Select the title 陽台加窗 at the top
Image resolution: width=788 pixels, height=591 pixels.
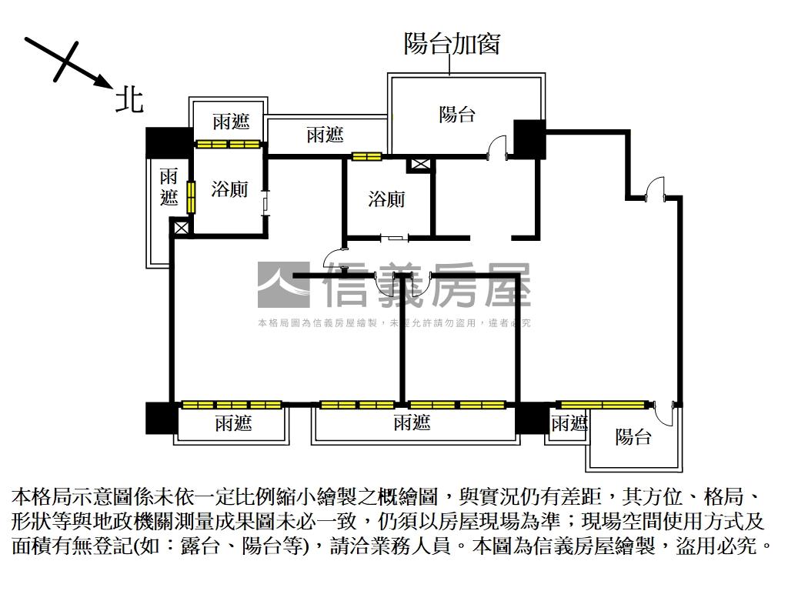tap(452, 43)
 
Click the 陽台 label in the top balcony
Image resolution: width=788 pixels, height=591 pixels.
tap(457, 115)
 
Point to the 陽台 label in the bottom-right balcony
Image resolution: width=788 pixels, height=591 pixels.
tap(633, 436)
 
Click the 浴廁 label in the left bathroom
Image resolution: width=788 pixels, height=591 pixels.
tap(229, 188)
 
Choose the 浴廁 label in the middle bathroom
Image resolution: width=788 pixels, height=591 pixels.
tap(386, 199)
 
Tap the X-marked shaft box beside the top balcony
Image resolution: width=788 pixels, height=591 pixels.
tap(421, 163)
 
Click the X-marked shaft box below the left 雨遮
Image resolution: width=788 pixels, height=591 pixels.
tap(182, 228)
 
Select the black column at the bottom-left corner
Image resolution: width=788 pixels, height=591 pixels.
tap(162, 418)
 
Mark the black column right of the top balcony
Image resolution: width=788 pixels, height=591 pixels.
tap(529, 137)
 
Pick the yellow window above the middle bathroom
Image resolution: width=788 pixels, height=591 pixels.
tap(366, 157)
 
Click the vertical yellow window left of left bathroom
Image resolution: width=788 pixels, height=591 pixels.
tap(190, 195)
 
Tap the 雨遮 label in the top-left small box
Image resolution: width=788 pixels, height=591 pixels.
tap(231, 122)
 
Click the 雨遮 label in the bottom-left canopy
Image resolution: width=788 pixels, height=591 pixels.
tap(233, 422)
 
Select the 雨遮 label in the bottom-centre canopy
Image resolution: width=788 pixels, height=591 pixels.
tap(412, 422)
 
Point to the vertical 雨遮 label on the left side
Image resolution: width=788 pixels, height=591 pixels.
tap(169, 187)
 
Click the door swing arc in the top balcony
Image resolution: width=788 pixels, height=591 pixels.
tap(497, 144)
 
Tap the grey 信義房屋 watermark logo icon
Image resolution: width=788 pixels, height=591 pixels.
tap(283, 285)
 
